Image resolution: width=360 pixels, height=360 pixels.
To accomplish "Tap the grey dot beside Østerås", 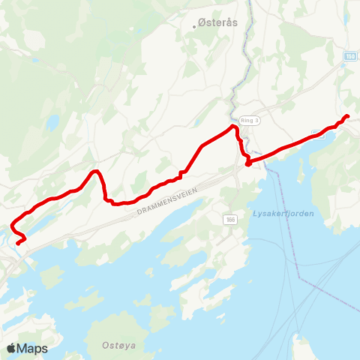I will [x=199, y=25].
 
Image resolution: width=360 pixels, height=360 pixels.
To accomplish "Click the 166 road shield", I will [x=229, y=218].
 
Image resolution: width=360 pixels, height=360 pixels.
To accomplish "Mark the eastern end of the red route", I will [x=347, y=115].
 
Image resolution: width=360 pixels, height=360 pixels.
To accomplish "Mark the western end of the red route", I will [x=17, y=243].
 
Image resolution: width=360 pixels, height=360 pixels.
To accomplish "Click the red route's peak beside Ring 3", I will [x=233, y=128].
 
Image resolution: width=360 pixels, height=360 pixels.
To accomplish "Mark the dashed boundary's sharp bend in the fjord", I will [x=299, y=278].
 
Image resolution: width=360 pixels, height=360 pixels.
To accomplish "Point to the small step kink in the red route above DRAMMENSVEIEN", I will [x=181, y=175].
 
